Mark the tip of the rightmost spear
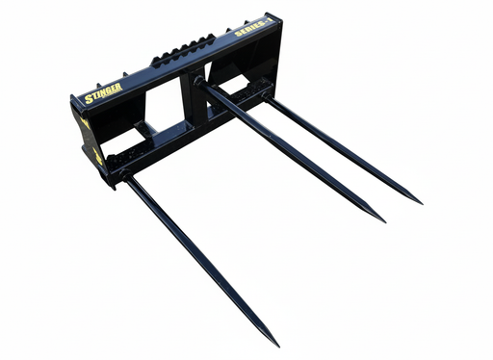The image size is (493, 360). point(420,202)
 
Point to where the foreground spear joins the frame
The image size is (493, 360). point(124,175)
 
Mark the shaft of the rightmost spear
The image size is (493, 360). point(347,151)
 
